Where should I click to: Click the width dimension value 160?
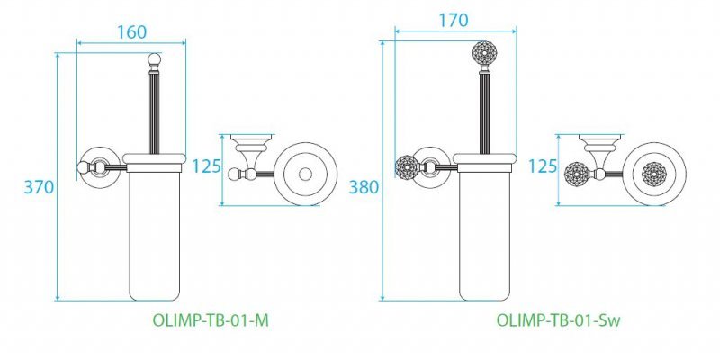pyautogui.click(x=132, y=31)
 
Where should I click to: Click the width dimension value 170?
pyautogui.click(x=453, y=19)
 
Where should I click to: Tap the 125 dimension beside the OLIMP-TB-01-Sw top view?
pyautogui.click(x=542, y=167)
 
